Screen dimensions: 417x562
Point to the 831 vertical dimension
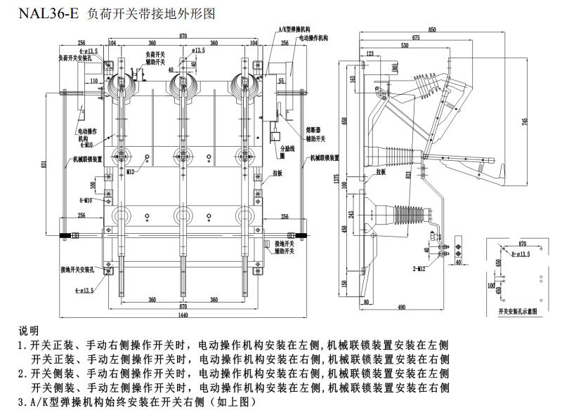pos(44,164)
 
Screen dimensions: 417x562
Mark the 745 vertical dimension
pos(525,121)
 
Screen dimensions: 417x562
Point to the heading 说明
pos(29,330)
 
